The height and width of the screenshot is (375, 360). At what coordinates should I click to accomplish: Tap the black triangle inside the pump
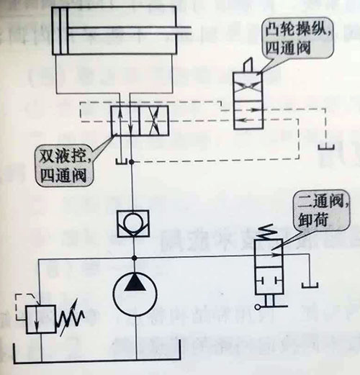coord(135,283)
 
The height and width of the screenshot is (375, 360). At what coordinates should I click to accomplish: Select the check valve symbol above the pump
coord(133,224)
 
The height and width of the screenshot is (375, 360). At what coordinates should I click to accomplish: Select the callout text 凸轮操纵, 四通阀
coord(297,38)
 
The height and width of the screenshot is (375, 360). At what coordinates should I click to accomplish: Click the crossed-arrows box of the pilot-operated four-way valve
coord(154,121)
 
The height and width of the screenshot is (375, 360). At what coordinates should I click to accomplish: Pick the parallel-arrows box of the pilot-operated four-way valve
coord(125,121)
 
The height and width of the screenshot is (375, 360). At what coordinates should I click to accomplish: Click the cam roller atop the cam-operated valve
coord(248,65)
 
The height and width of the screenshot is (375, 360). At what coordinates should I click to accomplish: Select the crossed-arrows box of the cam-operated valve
coord(248,86)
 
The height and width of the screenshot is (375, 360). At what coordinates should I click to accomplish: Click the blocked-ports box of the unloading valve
coord(269,281)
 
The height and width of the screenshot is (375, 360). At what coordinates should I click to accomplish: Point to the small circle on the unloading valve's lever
coord(257,307)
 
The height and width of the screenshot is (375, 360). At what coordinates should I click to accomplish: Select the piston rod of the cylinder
coord(130,30)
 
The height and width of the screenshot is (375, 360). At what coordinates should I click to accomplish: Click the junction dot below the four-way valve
coord(131,162)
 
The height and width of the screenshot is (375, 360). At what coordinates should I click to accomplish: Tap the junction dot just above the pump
coord(135,258)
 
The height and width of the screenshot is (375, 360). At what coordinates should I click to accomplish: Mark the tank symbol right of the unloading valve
coord(310,285)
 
